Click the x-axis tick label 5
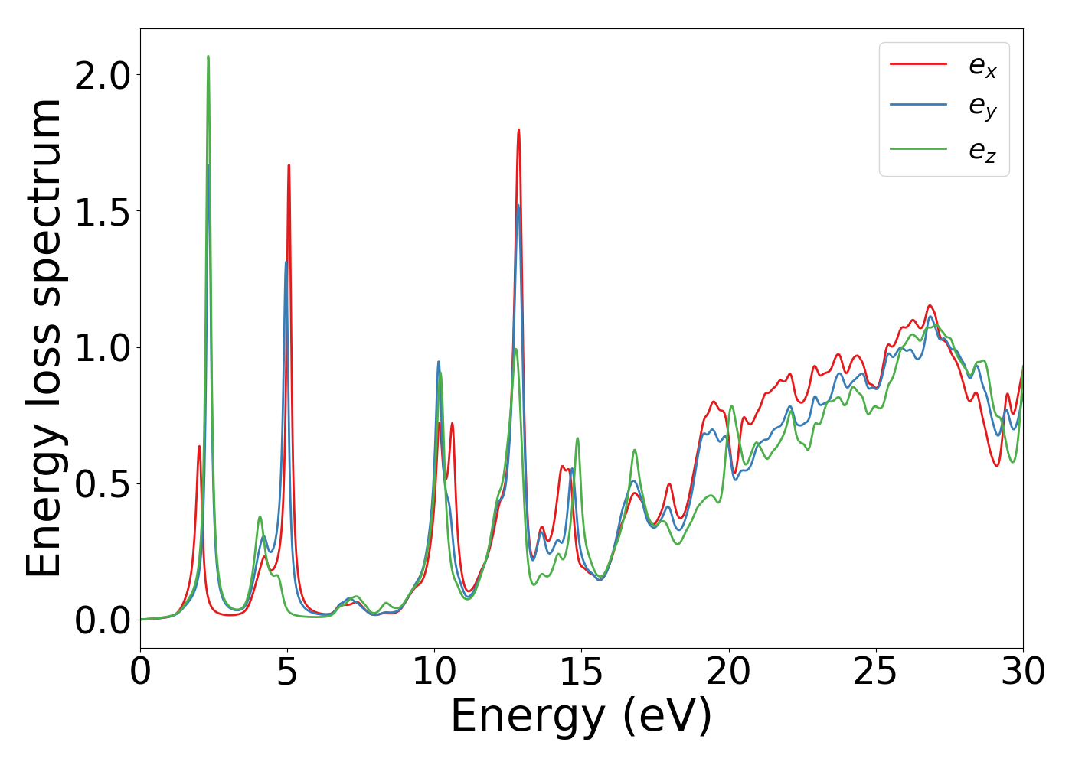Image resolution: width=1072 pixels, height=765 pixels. coord(287,672)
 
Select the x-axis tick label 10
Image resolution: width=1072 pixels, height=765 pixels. coord(434,672)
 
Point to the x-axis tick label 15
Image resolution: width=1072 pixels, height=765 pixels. coord(581,672)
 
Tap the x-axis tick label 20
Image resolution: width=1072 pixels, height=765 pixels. coord(728,672)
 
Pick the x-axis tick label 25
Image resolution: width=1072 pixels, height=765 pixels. coord(875,672)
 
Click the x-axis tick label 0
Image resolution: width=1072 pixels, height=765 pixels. coord(140,672)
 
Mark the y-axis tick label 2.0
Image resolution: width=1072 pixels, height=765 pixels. coord(103,75)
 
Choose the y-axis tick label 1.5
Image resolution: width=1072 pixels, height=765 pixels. coord(103,211)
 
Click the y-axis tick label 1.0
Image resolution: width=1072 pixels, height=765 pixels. coord(103,347)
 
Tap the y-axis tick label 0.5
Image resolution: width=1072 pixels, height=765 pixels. coord(103,483)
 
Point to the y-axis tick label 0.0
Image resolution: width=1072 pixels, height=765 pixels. coord(103,620)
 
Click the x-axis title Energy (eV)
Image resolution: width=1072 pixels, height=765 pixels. coord(581,717)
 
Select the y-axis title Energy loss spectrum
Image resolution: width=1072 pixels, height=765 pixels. coord(44,337)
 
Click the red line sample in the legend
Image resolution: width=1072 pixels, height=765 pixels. coord(918,64)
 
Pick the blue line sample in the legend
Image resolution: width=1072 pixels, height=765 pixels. coord(918,105)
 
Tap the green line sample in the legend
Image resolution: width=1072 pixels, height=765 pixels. coord(918,148)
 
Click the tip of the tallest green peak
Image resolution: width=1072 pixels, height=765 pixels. coord(208,56)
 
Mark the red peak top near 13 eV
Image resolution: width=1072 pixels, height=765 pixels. coord(518,129)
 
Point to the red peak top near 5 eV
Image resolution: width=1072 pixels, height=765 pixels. coord(289,164)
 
